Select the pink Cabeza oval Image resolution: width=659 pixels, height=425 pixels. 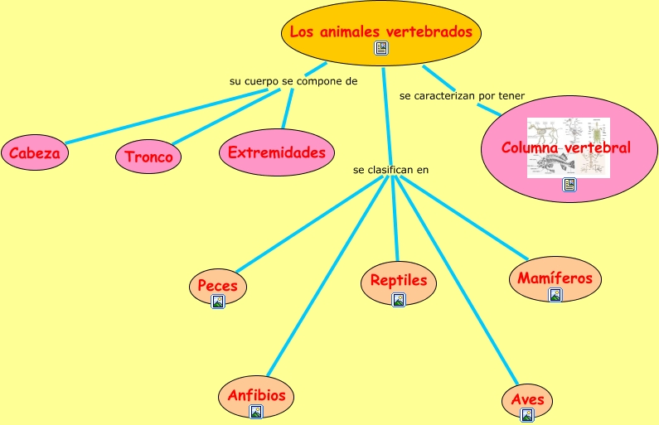coord(34,153)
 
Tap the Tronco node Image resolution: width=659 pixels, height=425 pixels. coord(148,157)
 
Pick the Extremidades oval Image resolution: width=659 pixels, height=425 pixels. coord(277,153)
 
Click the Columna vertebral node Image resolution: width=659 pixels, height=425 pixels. coord(565,147)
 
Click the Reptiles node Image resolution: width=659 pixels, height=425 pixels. coord(398,279)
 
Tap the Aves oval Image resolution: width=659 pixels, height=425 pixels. coord(527,398)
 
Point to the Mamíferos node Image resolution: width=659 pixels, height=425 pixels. coord(555,277)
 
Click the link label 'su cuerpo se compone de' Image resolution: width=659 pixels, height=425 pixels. coord(293,81)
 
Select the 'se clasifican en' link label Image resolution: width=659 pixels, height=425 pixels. coord(390,170)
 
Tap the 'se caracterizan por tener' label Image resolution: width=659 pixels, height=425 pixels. coord(462,96)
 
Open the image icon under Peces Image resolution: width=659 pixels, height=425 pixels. coord(218,302)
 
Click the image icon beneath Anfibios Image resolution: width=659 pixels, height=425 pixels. coord(256,411)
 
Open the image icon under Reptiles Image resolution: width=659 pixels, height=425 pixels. coord(399,300)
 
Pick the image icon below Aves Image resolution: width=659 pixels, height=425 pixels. coord(527,416)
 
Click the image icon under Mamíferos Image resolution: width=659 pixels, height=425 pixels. coord(555,294)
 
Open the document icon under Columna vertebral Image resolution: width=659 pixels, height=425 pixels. coord(569,185)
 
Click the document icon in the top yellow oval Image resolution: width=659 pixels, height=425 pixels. coord(381,48)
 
